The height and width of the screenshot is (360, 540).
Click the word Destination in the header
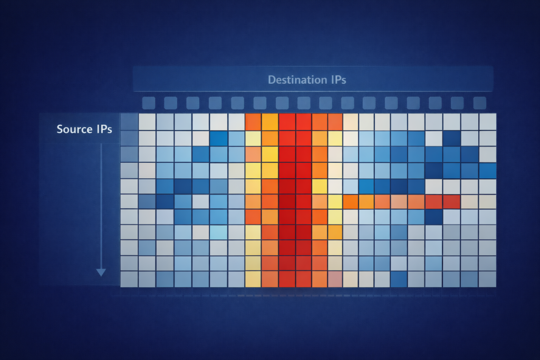(292, 80)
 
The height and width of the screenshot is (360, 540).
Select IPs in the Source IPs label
(103, 129)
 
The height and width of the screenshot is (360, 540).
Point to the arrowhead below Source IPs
(101, 272)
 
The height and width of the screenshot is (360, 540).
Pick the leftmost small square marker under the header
(148, 102)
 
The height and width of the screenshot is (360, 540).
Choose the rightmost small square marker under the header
(479, 102)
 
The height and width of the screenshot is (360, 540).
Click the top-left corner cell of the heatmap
(129, 121)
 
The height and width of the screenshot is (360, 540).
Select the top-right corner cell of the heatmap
(487, 121)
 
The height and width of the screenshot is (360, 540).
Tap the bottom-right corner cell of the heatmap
(487, 279)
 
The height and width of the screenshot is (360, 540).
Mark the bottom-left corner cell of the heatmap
(129, 279)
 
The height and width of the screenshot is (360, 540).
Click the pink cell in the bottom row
(335, 279)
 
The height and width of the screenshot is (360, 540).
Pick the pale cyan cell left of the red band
(218, 232)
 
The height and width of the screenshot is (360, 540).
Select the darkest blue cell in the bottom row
(399, 279)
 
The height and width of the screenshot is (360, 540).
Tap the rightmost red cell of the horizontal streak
(451, 201)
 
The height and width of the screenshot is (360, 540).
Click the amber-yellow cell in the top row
(270, 122)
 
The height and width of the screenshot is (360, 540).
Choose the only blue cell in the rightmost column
(487, 170)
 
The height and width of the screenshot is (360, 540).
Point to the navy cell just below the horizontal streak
(433, 217)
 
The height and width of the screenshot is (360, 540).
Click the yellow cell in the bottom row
(253, 279)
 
